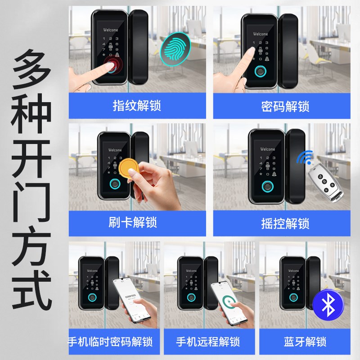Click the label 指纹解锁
(137, 107)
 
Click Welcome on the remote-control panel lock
(267, 149)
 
